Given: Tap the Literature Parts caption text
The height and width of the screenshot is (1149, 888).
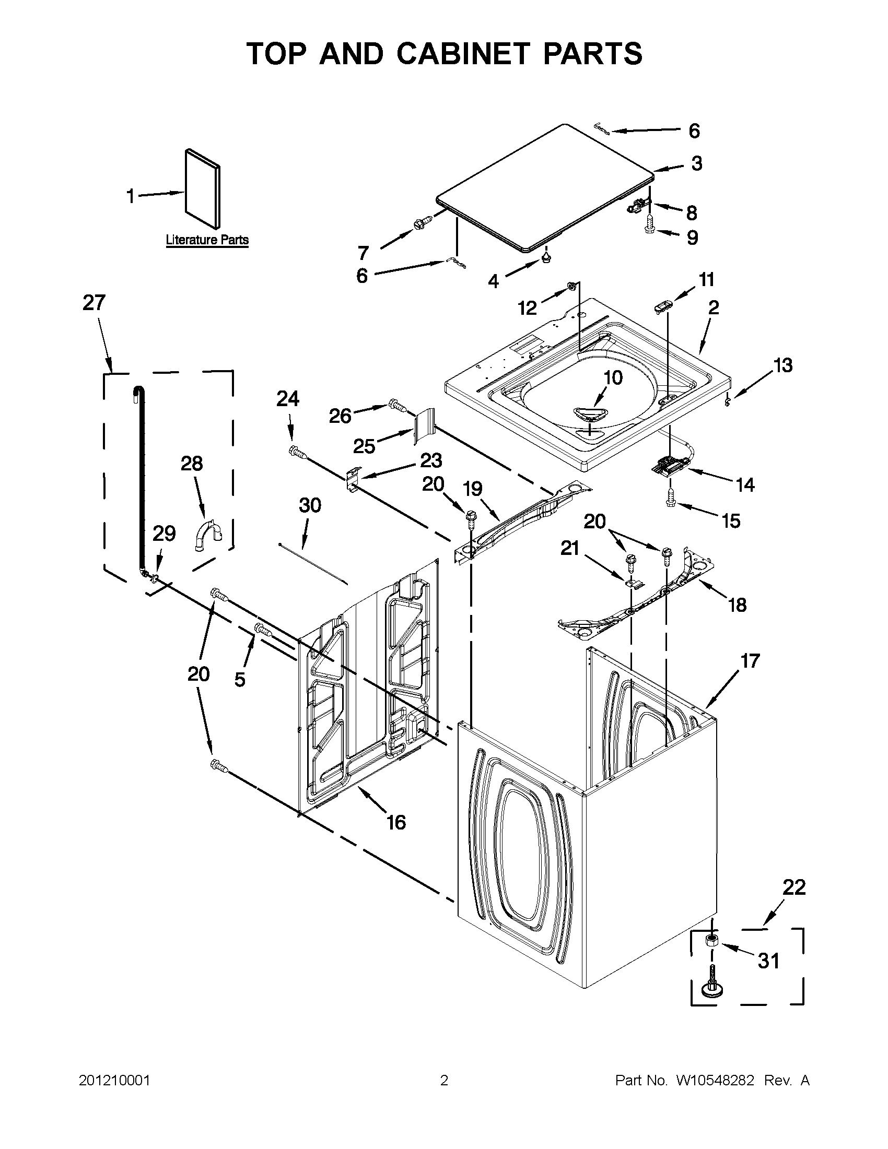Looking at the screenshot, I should (x=207, y=241).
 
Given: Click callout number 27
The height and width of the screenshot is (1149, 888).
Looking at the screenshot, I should (x=94, y=303).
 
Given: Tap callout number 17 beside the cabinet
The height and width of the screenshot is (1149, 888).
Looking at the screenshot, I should (x=750, y=661).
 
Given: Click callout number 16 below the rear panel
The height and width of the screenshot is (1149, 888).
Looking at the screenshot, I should (x=396, y=822).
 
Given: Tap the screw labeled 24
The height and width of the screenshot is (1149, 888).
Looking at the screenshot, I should (x=297, y=451).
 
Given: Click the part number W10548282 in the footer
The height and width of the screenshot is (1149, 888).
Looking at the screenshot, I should (x=715, y=1081).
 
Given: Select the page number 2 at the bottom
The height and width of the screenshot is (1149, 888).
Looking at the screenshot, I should (x=443, y=1081).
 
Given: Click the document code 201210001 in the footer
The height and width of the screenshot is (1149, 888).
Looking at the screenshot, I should (x=114, y=1081).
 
